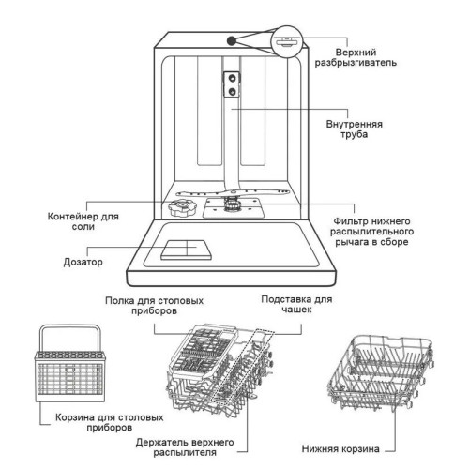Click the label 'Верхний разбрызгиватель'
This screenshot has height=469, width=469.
tap(356, 57)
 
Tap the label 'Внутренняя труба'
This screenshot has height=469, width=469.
tap(354, 129)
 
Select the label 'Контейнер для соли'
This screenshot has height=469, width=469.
tap(83, 221)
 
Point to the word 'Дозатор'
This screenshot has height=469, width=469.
tap(83, 262)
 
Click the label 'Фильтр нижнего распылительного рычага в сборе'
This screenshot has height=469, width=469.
tap(371, 232)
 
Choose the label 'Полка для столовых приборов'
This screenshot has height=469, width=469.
tap(154, 306)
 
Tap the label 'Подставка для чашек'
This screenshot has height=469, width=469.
tap(296, 304)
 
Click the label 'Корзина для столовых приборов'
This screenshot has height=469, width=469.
tap(110, 422)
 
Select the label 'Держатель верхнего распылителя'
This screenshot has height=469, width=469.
tap(185, 447)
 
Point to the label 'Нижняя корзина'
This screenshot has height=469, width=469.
tap(340, 448)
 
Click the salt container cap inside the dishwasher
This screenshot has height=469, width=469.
tap(183, 207)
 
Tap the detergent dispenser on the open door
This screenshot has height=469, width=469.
tap(187, 250)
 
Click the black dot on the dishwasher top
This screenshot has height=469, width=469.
tap(232, 40)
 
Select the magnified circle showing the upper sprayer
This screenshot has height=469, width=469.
tap(287, 41)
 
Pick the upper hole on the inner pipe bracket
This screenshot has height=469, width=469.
tap(233, 78)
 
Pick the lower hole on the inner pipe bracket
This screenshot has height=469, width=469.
tap(233, 91)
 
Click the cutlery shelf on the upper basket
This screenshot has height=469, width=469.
tap(204, 349)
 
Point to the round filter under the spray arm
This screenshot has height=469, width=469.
tap(232, 205)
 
